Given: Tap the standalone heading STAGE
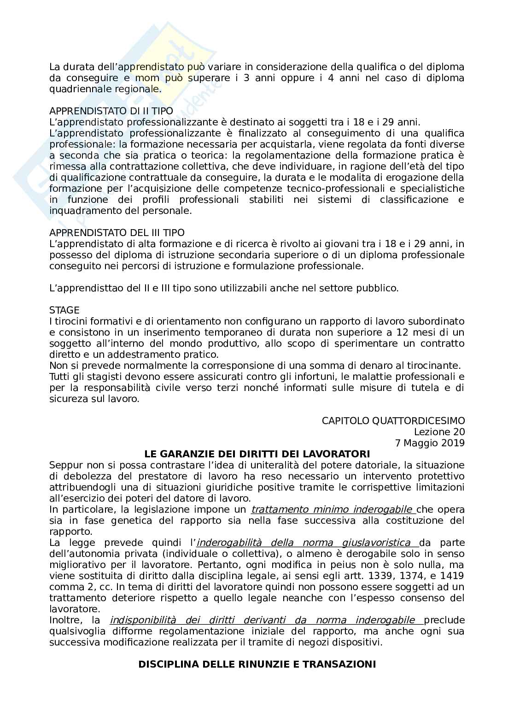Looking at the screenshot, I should [64, 310].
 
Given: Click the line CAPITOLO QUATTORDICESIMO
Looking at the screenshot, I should [393, 420].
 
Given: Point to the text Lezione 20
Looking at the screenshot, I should [439, 432].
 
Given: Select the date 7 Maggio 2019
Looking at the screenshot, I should [430, 443].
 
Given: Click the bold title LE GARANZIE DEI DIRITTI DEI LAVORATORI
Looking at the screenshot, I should [257, 454].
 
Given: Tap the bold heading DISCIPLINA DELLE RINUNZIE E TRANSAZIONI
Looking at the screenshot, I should [257, 664].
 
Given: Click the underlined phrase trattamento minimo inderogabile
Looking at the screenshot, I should [333, 509].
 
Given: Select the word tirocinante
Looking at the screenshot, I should [436, 365].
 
